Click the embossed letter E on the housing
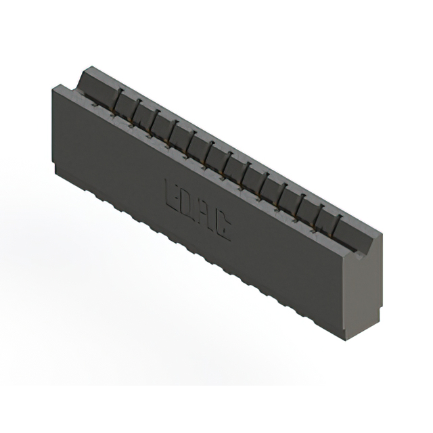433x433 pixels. pyautogui.click(x=173, y=191)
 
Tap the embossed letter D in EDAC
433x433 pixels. pyautogui.click(x=190, y=204)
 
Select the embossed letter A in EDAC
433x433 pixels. pyautogui.click(x=206, y=215)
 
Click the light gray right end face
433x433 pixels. pyautogui.click(x=365, y=291)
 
